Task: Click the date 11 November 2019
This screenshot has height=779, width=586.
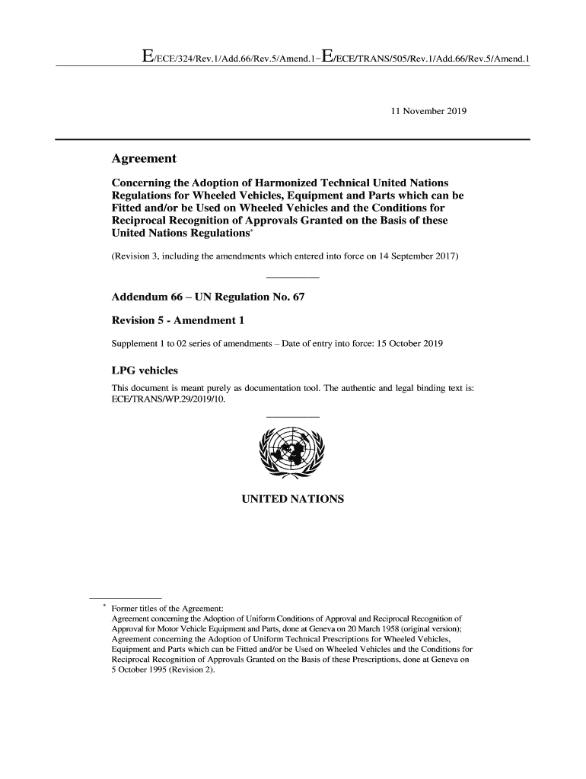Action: tap(428, 112)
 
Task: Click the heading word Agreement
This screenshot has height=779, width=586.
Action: tap(144, 159)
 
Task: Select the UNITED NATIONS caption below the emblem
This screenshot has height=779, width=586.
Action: tap(292, 499)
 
